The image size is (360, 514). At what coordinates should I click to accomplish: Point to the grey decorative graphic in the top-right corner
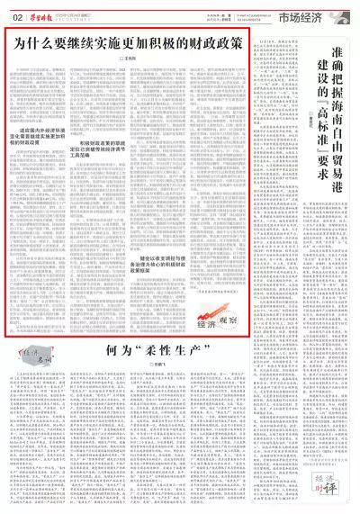346,11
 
